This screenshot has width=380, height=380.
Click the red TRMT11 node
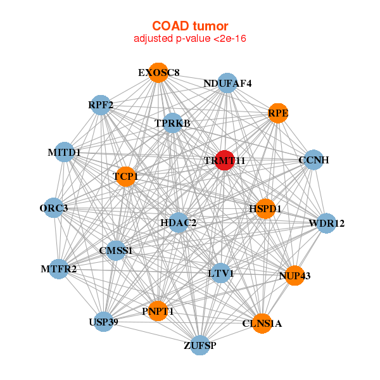coord(225,160)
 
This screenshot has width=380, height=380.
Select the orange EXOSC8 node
coord(158,73)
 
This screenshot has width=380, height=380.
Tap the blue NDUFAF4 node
coord(227,83)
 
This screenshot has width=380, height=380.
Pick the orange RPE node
coord(278,113)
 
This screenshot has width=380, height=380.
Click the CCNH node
coord(313,160)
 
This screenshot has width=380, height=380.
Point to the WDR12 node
coord(326,223)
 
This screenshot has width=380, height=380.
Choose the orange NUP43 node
coord(294,275)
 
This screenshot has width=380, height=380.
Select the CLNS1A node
coord(262,323)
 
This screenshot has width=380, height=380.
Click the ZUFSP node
coord(200,345)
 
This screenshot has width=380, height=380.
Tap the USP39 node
coord(103,322)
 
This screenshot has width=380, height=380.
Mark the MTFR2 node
coord(59,269)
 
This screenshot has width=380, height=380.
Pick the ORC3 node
coord(54,208)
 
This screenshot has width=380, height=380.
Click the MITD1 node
coord(64,152)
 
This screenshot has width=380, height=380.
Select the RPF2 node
coord(101,105)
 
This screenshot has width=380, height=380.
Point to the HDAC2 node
coord(179,223)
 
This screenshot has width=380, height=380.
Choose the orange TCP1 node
coord(125,177)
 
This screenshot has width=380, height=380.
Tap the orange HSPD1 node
coord(265,208)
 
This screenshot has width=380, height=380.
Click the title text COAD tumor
coord(190,26)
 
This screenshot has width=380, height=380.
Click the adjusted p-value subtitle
coord(190,39)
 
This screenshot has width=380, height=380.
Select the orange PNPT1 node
coord(158,311)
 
